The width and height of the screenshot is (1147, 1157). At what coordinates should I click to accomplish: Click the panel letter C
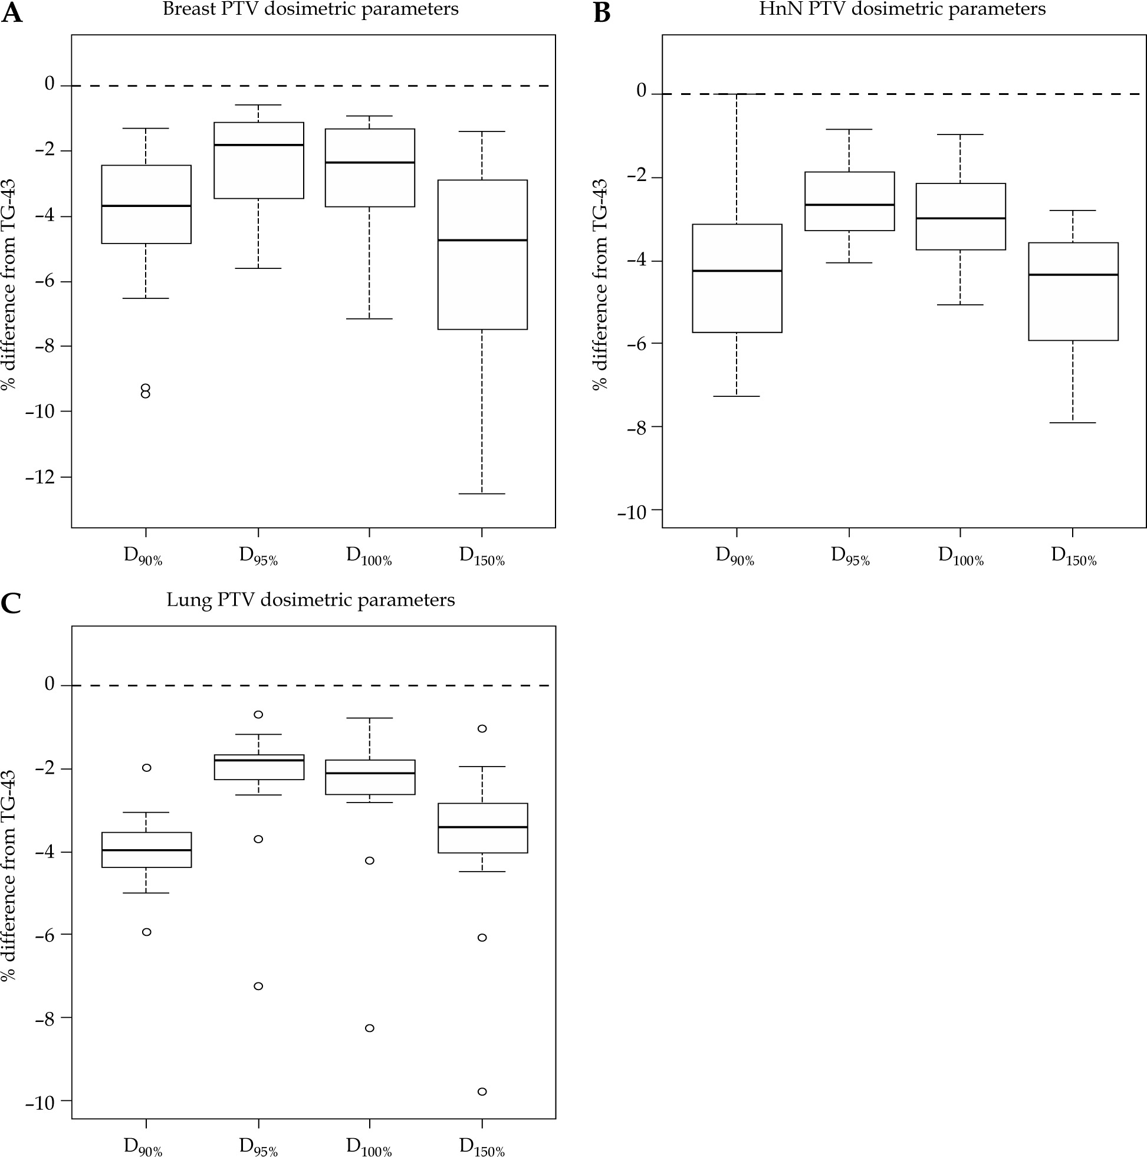(11, 604)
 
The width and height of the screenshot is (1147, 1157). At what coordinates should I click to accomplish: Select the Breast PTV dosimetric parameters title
(310, 9)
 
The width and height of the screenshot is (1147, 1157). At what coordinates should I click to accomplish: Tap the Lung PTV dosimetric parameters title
(310, 600)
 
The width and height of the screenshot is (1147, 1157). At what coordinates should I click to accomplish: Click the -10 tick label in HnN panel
(633, 512)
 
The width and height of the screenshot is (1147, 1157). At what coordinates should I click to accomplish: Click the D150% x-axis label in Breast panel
(482, 557)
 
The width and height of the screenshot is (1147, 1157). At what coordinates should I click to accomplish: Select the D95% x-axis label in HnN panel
(850, 557)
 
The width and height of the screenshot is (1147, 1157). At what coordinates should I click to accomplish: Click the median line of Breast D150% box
(482, 240)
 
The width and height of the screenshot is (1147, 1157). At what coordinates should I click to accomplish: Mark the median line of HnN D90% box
(737, 271)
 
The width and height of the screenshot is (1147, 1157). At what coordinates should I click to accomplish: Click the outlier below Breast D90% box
(146, 392)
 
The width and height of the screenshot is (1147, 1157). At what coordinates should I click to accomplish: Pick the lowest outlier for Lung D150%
(482, 1092)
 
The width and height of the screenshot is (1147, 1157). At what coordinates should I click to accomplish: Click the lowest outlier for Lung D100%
(370, 1028)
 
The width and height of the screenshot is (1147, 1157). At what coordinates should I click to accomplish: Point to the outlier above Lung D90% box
(146, 768)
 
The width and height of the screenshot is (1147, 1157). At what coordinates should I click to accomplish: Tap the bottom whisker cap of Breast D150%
(482, 494)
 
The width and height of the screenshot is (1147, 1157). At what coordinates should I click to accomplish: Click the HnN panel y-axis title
(600, 284)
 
